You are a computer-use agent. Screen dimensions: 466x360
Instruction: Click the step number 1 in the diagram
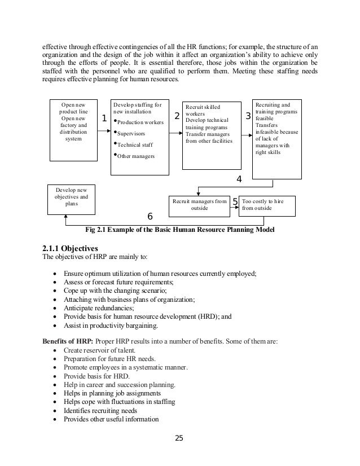pos(104,119)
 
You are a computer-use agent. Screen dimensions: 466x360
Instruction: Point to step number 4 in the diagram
pos(239,179)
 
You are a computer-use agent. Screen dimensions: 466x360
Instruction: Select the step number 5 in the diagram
pos(235,201)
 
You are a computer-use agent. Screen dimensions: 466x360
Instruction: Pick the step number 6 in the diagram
pos(150,216)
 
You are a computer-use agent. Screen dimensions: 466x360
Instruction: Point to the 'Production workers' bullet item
pos(141,122)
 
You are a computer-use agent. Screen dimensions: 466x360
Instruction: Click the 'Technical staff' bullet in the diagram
pos(135,144)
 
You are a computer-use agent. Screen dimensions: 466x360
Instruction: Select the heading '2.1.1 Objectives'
pos(71,248)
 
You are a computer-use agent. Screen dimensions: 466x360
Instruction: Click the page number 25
pos(180,437)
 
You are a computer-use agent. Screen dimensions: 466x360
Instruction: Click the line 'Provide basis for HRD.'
pos(96,376)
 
